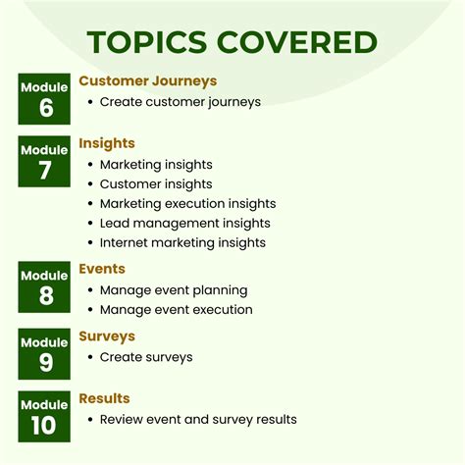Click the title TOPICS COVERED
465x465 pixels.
pyautogui.click(x=232, y=42)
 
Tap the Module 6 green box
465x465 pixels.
pyautogui.click(x=45, y=98)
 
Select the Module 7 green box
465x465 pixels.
pyautogui.click(x=45, y=161)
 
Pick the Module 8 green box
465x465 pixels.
pyautogui.click(x=45, y=285)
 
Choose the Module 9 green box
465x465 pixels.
pyautogui.click(x=45, y=353)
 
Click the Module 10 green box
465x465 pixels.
pyautogui.click(x=45, y=415)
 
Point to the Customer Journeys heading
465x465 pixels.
pyautogui.click(x=147, y=81)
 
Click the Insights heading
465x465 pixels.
pyautogui.click(x=107, y=144)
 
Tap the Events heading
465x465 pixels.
pyautogui.click(x=102, y=269)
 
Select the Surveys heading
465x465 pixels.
pyautogui.click(x=107, y=336)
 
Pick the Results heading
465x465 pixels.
pyautogui.click(x=104, y=398)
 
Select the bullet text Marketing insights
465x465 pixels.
pyautogui.click(x=156, y=165)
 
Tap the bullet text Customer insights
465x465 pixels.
pyautogui.click(x=155, y=184)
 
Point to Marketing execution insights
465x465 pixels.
pyautogui.click(x=187, y=204)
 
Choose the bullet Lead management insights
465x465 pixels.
pyautogui.click(x=184, y=224)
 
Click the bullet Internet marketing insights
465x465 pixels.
pyautogui.click(x=182, y=242)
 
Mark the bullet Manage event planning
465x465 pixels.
pyautogui.click(x=174, y=290)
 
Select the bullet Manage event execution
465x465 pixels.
pyautogui.click(x=177, y=310)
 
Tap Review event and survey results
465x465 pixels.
pyautogui.click(x=198, y=420)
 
